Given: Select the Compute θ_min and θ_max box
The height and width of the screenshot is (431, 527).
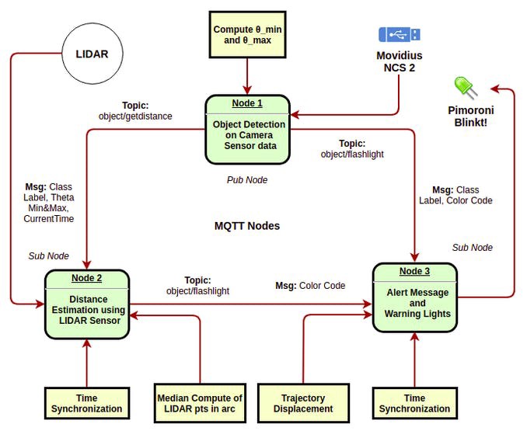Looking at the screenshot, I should click(x=247, y=34).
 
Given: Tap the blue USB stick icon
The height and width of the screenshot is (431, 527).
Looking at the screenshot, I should click(x=400, y=34).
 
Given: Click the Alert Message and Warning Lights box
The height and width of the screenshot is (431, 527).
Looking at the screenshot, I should click(x=415, y=299).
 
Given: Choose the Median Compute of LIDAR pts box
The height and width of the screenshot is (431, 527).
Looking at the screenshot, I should click(x=200, y=403).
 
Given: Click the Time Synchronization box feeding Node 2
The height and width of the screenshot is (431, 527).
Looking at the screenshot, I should click(x=86, y=403).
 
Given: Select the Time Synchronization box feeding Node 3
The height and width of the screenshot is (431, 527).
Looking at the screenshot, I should click(x=414, y=403).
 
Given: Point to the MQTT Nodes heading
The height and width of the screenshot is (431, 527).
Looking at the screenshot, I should click(x=246, y=226).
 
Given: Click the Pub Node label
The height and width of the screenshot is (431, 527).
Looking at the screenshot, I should click(x=246, y=180).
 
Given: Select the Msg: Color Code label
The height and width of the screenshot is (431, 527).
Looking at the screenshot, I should click(x=310, y=286).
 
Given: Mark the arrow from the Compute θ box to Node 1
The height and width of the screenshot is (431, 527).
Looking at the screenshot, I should click(x=247, y=76).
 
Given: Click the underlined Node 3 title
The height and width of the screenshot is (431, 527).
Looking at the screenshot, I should click(x=415, y=271).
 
